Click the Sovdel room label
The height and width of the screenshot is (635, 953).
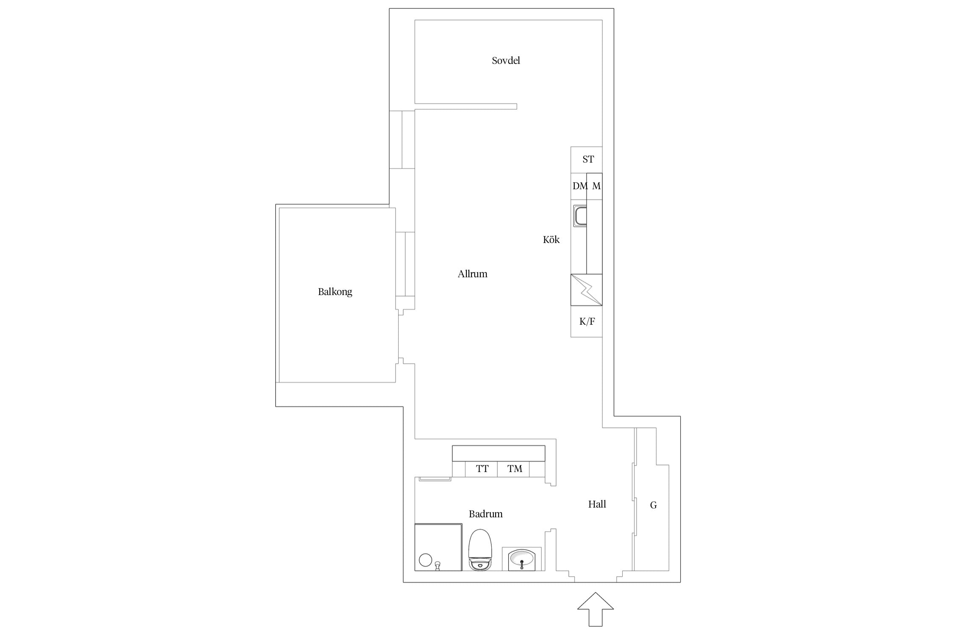point(506,61)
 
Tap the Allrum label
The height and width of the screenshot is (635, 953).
point(472,274)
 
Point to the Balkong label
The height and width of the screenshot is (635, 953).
point(335,292)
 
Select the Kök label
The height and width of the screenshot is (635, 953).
point(551,240)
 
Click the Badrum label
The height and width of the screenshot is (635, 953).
point(485,514)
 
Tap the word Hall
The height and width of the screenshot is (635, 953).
point(597,504)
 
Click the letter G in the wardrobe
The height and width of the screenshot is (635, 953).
point(653,505)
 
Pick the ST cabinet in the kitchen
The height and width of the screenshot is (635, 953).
point(586,160)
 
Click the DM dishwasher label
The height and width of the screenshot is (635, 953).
point(580,186)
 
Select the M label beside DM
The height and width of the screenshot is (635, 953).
point(596,186)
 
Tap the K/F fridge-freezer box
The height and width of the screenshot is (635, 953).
point(586,321)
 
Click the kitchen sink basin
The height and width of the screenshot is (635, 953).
point(580,216)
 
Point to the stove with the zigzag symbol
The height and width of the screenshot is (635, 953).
point(586,290)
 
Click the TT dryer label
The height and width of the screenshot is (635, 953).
point(482,469)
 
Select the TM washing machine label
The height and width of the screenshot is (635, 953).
point(515,469)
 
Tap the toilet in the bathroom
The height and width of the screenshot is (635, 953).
point(480,549)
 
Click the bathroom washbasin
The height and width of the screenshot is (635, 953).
point(522,559)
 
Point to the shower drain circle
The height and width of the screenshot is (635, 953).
point(425,560)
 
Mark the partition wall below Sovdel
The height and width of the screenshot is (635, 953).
point(465,106)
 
